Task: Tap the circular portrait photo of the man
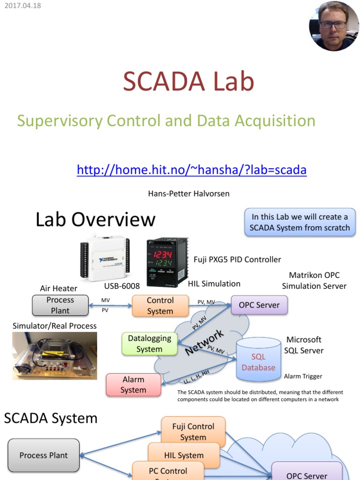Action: point(334,26)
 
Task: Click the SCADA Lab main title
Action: point(188,82)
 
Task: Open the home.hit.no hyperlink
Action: point(191,169)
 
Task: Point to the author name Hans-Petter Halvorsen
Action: point(189,193)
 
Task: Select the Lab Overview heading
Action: point(95,219)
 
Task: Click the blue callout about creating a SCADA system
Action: point(300,222)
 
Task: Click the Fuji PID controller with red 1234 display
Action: point(167,262)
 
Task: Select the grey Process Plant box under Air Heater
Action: point(60,305)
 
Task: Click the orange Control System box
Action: point(160,306)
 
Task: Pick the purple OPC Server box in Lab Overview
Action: point(259,305)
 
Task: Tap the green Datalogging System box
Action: point(150,344)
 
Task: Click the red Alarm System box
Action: point(133,384)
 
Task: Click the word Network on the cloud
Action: point(205,343)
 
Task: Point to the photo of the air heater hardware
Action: point(54,356)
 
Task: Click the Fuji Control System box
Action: point(193,432)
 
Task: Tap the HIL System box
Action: point(184,455)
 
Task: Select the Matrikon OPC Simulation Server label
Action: point(314,280)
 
